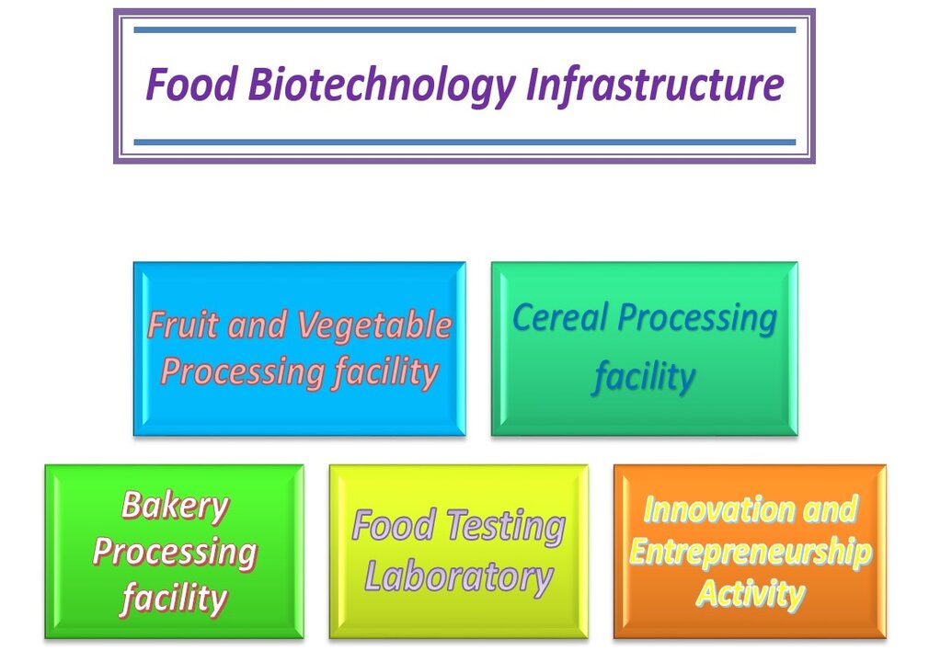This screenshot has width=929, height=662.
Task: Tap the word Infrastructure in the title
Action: (655, 84)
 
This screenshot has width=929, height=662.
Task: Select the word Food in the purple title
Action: (192, 84)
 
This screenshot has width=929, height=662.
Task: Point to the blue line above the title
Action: (464, 29)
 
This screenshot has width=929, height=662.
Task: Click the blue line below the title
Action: (464, 143)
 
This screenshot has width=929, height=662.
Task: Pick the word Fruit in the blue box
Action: (183, 325)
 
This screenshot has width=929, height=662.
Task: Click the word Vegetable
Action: (374, 326)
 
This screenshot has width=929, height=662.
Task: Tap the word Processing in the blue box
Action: (243, 373)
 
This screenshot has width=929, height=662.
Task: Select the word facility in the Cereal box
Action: (645, 377)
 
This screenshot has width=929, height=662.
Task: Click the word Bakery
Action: (175, 507)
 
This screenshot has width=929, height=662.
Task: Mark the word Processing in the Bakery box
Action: (175, 553)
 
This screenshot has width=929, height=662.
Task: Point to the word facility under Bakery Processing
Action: (174, 598)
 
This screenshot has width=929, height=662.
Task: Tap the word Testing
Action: (505, 526)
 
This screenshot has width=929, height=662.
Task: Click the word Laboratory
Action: (459, 576)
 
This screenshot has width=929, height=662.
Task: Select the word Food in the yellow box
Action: (395, 525)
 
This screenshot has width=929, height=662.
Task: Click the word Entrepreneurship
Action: (750, 553)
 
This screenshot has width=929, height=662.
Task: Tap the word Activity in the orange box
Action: (750, 594)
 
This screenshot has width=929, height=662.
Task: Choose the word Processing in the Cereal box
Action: (697, 318)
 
